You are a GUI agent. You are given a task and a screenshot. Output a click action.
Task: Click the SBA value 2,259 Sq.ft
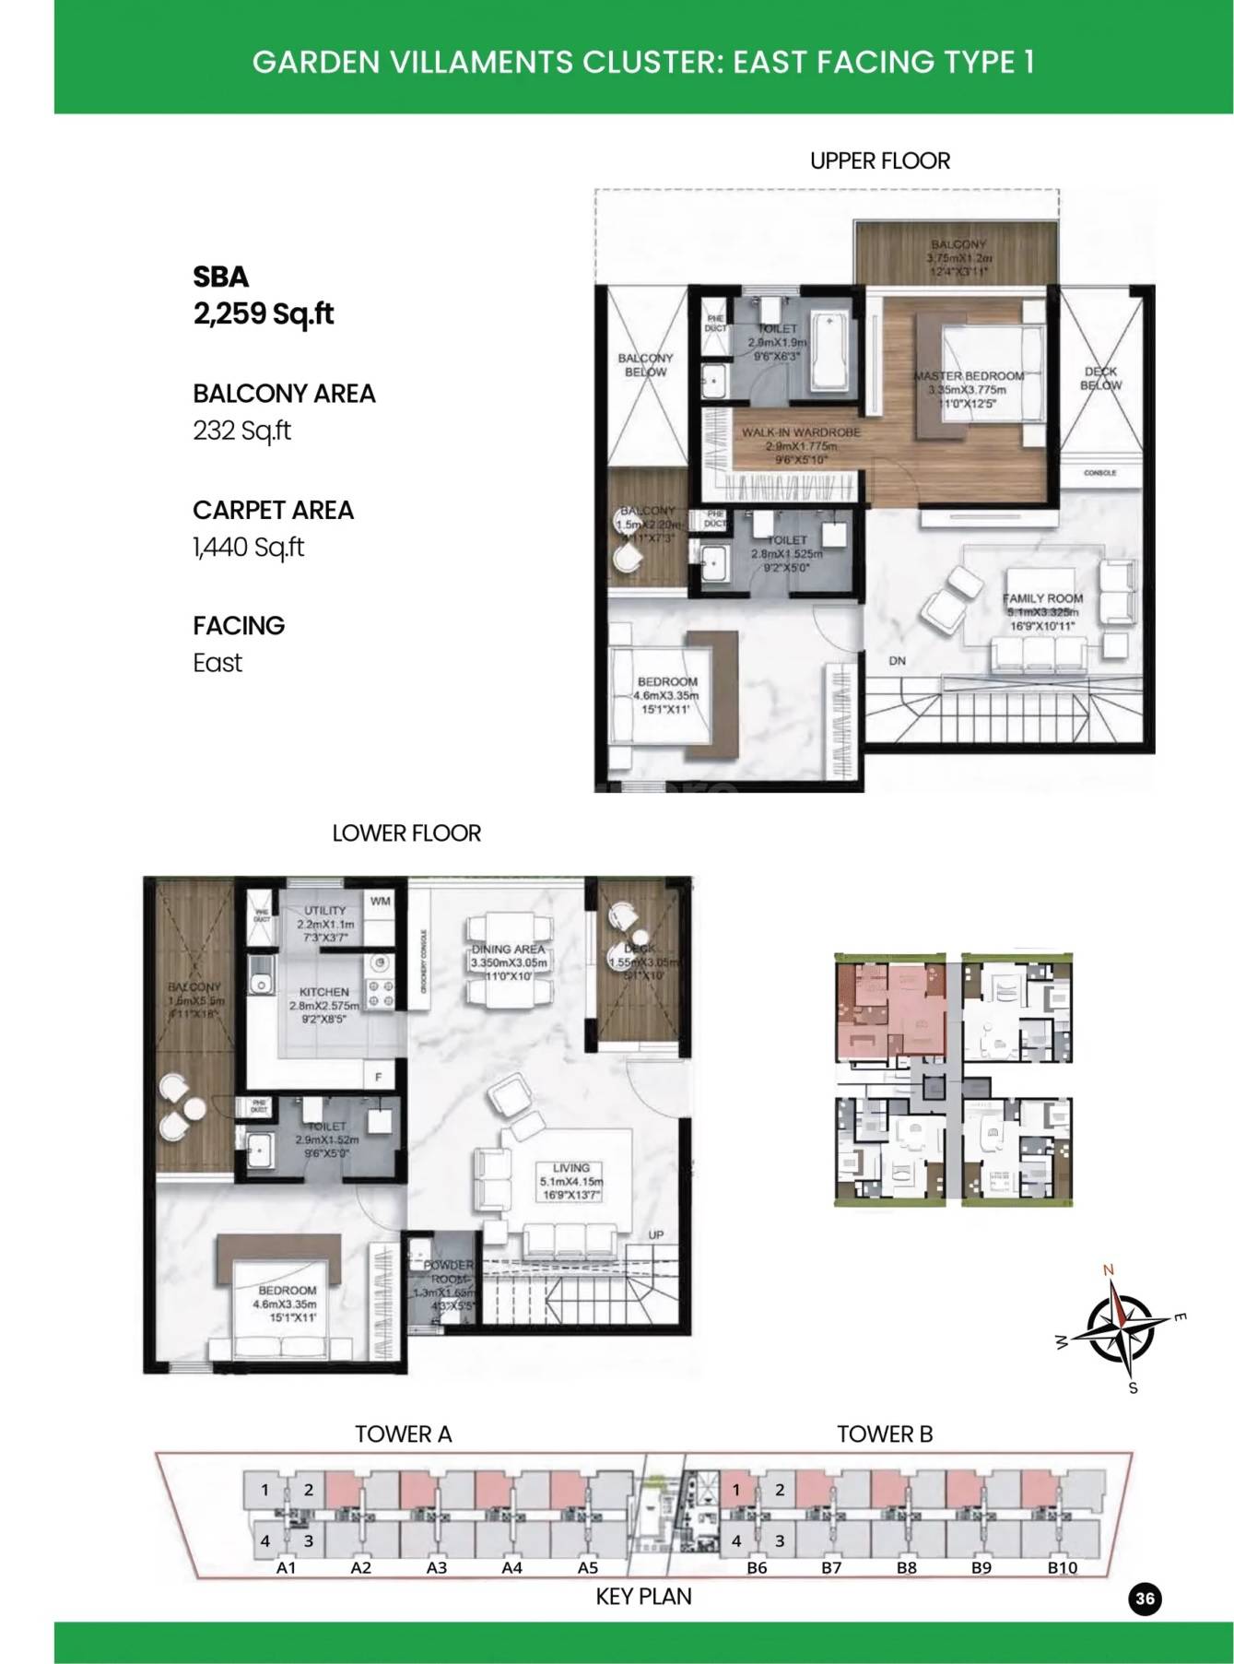[x=263, y=314]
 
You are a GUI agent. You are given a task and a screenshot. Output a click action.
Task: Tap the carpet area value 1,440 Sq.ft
[x=248, y=548]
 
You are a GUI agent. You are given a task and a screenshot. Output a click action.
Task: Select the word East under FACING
[x=217, y=663]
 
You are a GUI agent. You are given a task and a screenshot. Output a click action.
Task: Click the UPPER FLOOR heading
[x=879, y=161]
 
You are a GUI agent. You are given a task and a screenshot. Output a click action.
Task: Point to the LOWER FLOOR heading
[x=406, y=833]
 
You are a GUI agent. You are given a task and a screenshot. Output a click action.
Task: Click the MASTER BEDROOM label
[x=969, y=376]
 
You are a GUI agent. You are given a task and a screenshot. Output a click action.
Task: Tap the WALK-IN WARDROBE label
[x=801, y=431]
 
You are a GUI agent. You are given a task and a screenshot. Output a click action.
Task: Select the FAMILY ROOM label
[x=1042, y=598]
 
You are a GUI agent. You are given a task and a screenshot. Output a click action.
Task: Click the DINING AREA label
[x=508, y=949]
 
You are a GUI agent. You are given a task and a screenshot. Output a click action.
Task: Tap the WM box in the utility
[x=380, y=902]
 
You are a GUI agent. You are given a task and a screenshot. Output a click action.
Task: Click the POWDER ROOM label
[x=448, y=1272]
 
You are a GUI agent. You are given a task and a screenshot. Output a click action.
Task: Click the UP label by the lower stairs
[x=656, y=1235]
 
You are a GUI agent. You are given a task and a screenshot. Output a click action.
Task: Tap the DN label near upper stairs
[x=897, y=661]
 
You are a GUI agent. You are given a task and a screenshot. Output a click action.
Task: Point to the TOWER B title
[x=884, y=1434]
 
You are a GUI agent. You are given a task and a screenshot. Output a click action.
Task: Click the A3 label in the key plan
[x=437, y=1567]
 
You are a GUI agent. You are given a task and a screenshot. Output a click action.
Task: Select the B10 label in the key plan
[x=1062, y=1567]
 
